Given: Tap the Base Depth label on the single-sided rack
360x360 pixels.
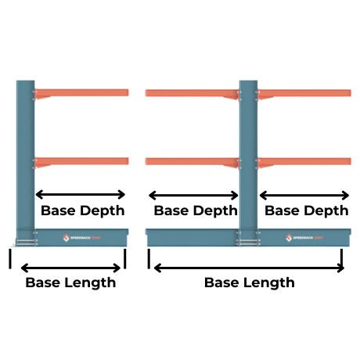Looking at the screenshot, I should click(x=82, y=211).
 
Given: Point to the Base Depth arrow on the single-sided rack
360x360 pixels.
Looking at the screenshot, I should click(x=81, y=194).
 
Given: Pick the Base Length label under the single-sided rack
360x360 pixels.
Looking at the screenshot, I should click(x=70, y=283).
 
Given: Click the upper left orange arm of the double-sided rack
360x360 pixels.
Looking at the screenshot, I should click(x=188, y=93).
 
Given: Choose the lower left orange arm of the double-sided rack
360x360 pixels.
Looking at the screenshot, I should click(x=188, y=161).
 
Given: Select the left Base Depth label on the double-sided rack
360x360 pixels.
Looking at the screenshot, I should click(x=196, y=211).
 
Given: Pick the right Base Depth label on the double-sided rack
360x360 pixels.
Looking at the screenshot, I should click(x=307, y=211).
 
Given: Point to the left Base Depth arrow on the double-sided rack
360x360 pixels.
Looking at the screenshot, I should click(x=193, y=195).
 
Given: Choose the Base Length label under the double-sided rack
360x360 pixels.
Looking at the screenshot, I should click(x=249, y=283).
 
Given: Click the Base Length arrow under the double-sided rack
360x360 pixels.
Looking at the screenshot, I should click(x=249, y=268).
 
